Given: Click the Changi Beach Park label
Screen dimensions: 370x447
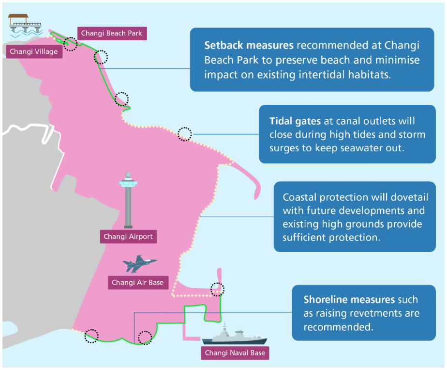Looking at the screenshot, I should tap(112, 33).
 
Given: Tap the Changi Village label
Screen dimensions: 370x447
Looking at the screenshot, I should tap(34, 51).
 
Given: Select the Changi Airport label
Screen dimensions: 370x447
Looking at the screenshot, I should tap(128, 237).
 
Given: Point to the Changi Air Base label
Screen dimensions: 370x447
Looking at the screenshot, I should tap(138, 282).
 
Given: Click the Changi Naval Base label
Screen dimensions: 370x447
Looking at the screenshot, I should tap(235, 353).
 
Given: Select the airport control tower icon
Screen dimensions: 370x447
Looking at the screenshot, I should tap(128, 199).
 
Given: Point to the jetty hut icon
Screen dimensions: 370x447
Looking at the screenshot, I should tap(24, 24).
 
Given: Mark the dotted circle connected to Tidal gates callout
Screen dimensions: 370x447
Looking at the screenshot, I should tap(184, 134).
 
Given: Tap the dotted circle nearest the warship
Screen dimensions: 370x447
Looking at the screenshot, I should tap(217, 289).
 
